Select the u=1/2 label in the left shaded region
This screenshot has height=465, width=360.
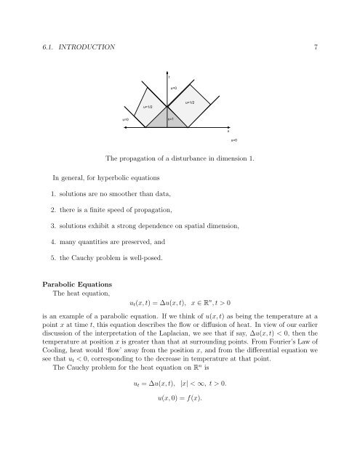[x=147, y=107]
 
